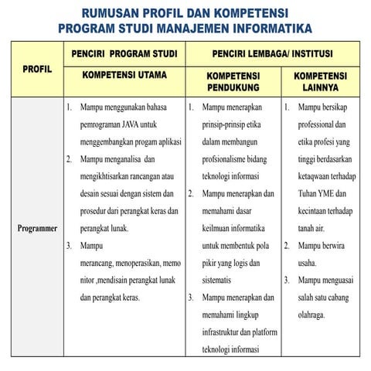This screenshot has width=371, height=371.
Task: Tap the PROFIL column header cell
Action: coord(37,69)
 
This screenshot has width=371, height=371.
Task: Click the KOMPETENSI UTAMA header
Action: coord(124,77)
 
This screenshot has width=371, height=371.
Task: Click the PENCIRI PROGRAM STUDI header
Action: coord(124,55)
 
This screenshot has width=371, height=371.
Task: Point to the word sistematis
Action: coord(221,281)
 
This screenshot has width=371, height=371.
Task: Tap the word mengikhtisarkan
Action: coord(111,175)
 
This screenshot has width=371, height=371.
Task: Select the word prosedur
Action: coord(97,210)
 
